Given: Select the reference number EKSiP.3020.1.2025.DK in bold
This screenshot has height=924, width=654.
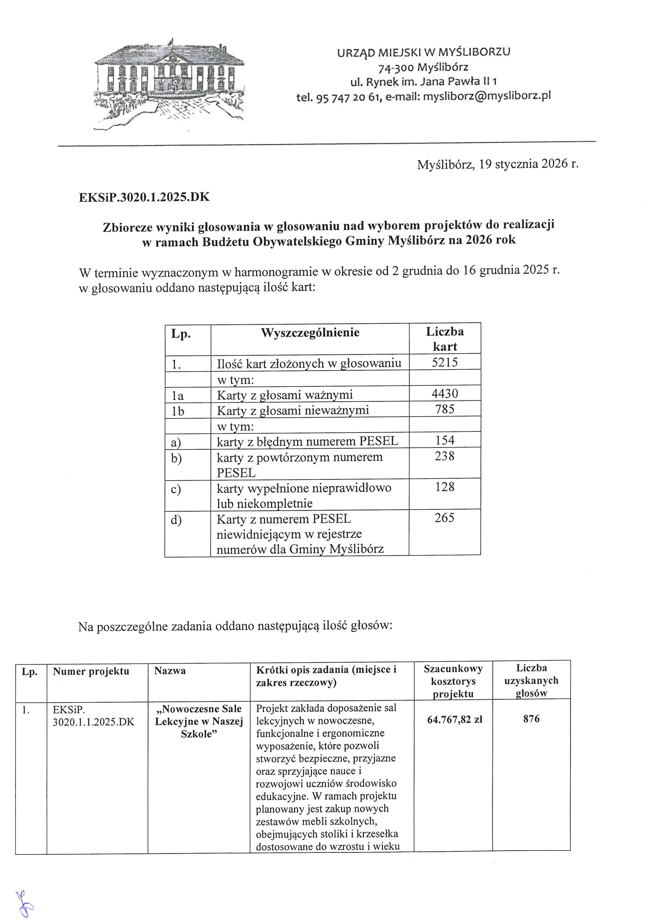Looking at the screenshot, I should (144, 197).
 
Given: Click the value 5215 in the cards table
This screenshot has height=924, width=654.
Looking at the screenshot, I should (445, 362).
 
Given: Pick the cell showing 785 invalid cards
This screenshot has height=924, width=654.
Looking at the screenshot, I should (445, 409).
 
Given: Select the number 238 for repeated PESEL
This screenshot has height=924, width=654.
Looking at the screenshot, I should (445, 456).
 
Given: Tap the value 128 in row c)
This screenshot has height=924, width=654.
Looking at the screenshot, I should (445, 487).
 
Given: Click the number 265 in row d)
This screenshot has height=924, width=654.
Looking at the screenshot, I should (445, 518).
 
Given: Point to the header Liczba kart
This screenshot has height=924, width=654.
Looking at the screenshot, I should (445, 339).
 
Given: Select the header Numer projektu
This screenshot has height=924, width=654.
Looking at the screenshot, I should (91, 671).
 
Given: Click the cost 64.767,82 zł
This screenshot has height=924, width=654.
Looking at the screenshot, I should (455, 720).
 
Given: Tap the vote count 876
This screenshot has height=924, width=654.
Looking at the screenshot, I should (531, 719).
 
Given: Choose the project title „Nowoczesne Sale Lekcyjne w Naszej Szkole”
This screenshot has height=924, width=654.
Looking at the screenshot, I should (199, 721).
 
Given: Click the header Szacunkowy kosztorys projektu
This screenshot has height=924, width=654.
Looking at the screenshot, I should (453, 681).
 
